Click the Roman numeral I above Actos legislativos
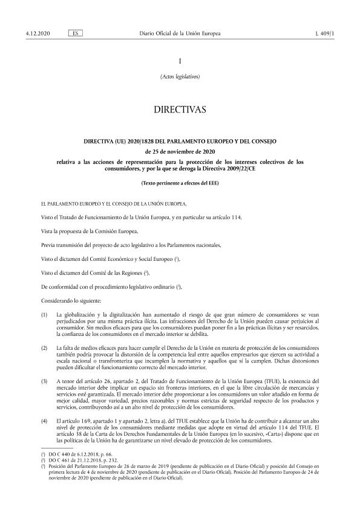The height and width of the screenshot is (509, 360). point(180,62)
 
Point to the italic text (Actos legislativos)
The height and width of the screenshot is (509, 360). point(180,77)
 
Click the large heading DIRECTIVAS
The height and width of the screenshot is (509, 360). point(180,110)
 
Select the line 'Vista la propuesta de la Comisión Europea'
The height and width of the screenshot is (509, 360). point(90,231)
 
